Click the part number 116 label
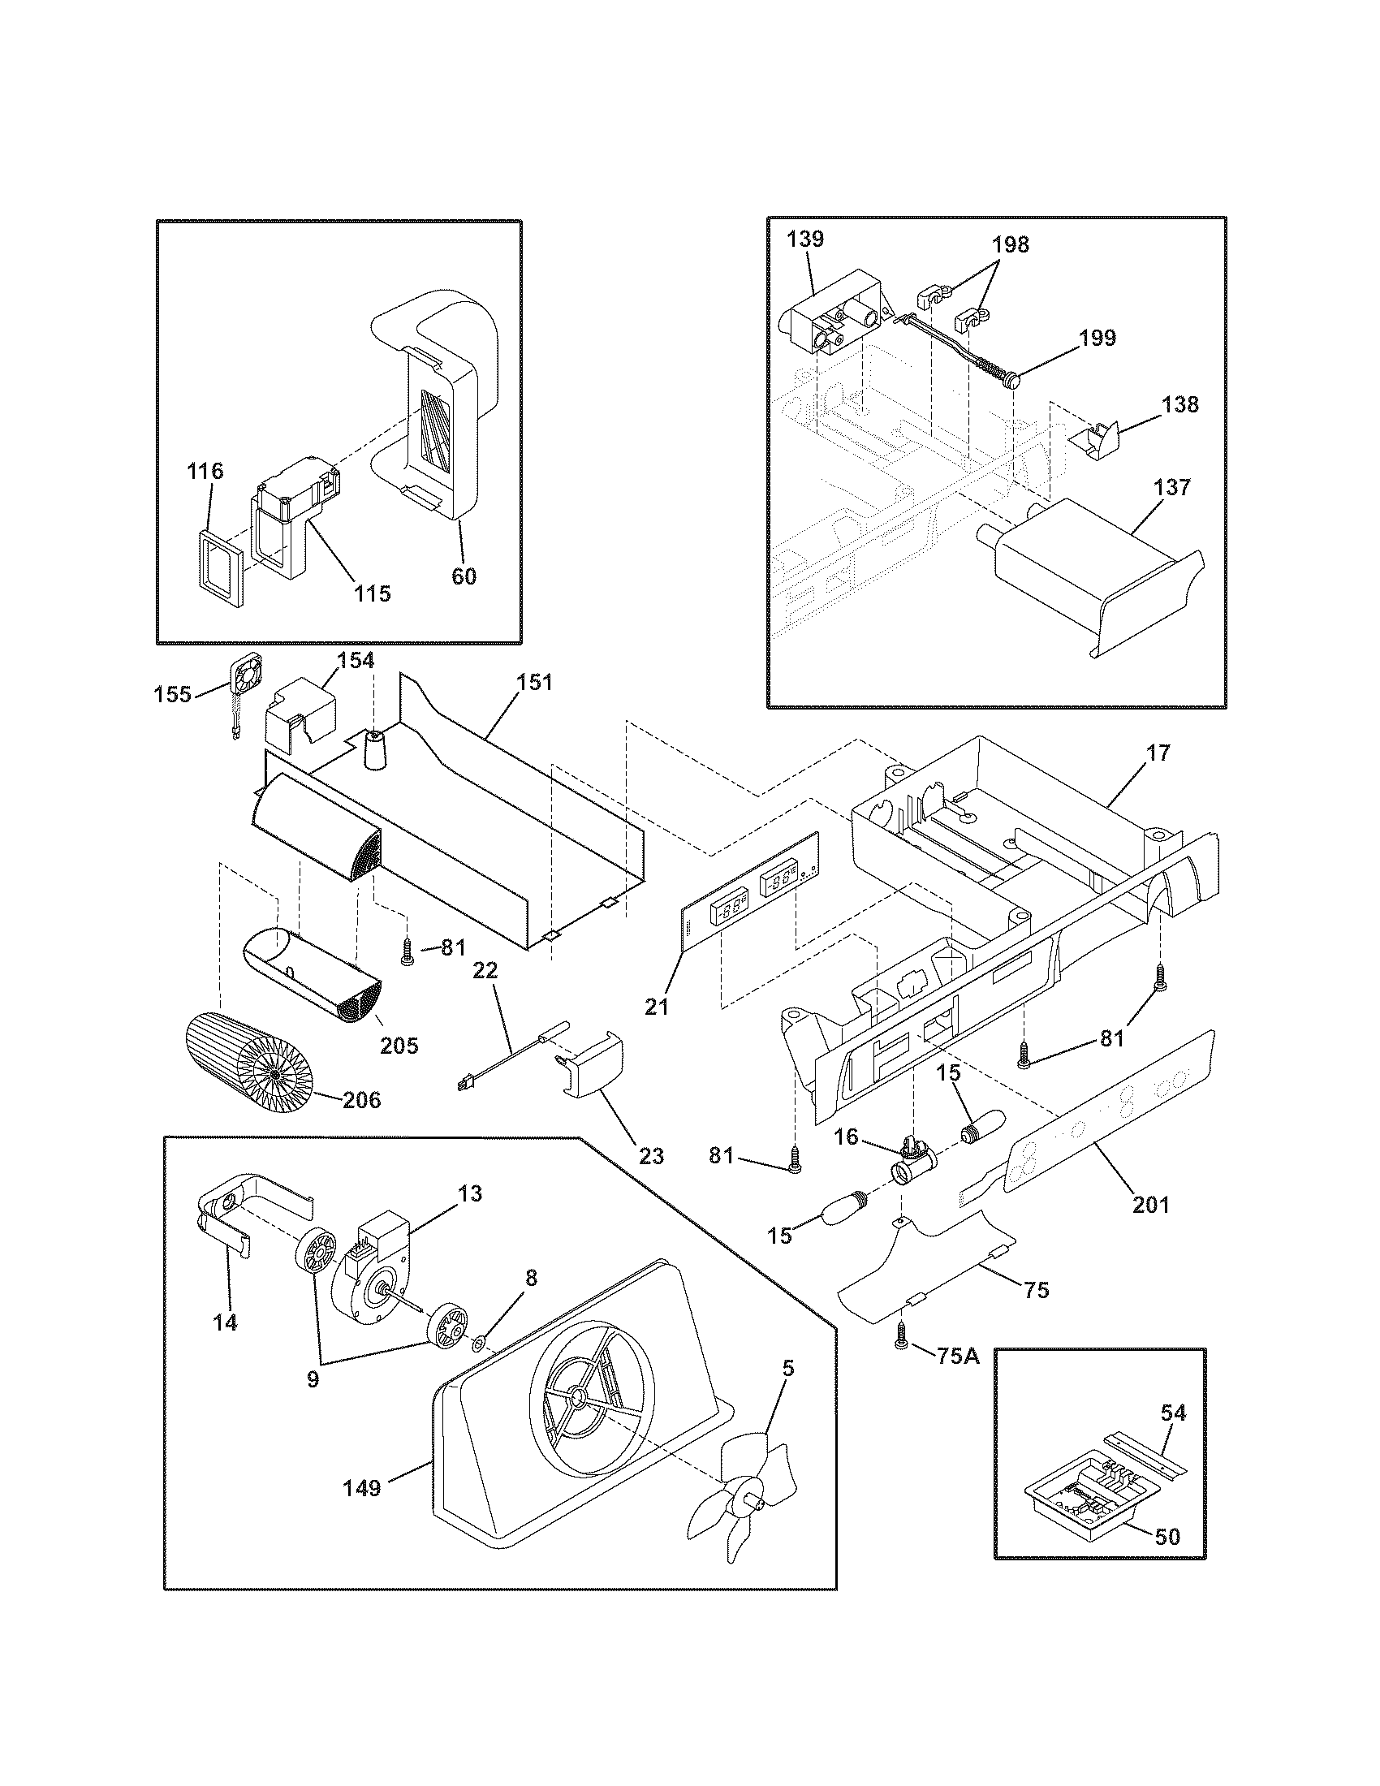[205, 471]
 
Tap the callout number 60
[464, 576]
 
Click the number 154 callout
[356, 661]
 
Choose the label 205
[399, 1045]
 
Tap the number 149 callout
[361, 1487]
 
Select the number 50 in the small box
[1169, 1536]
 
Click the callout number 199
[1098, 338]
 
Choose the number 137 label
[1174, 487]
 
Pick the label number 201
[1151, 1204]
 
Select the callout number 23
[651, 1155]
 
